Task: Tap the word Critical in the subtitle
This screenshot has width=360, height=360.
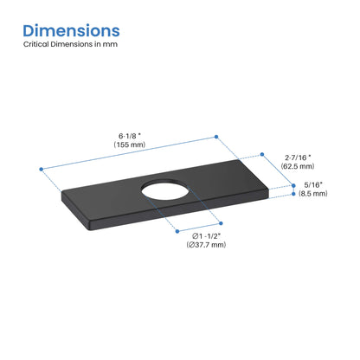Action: [x=37, y=54]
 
